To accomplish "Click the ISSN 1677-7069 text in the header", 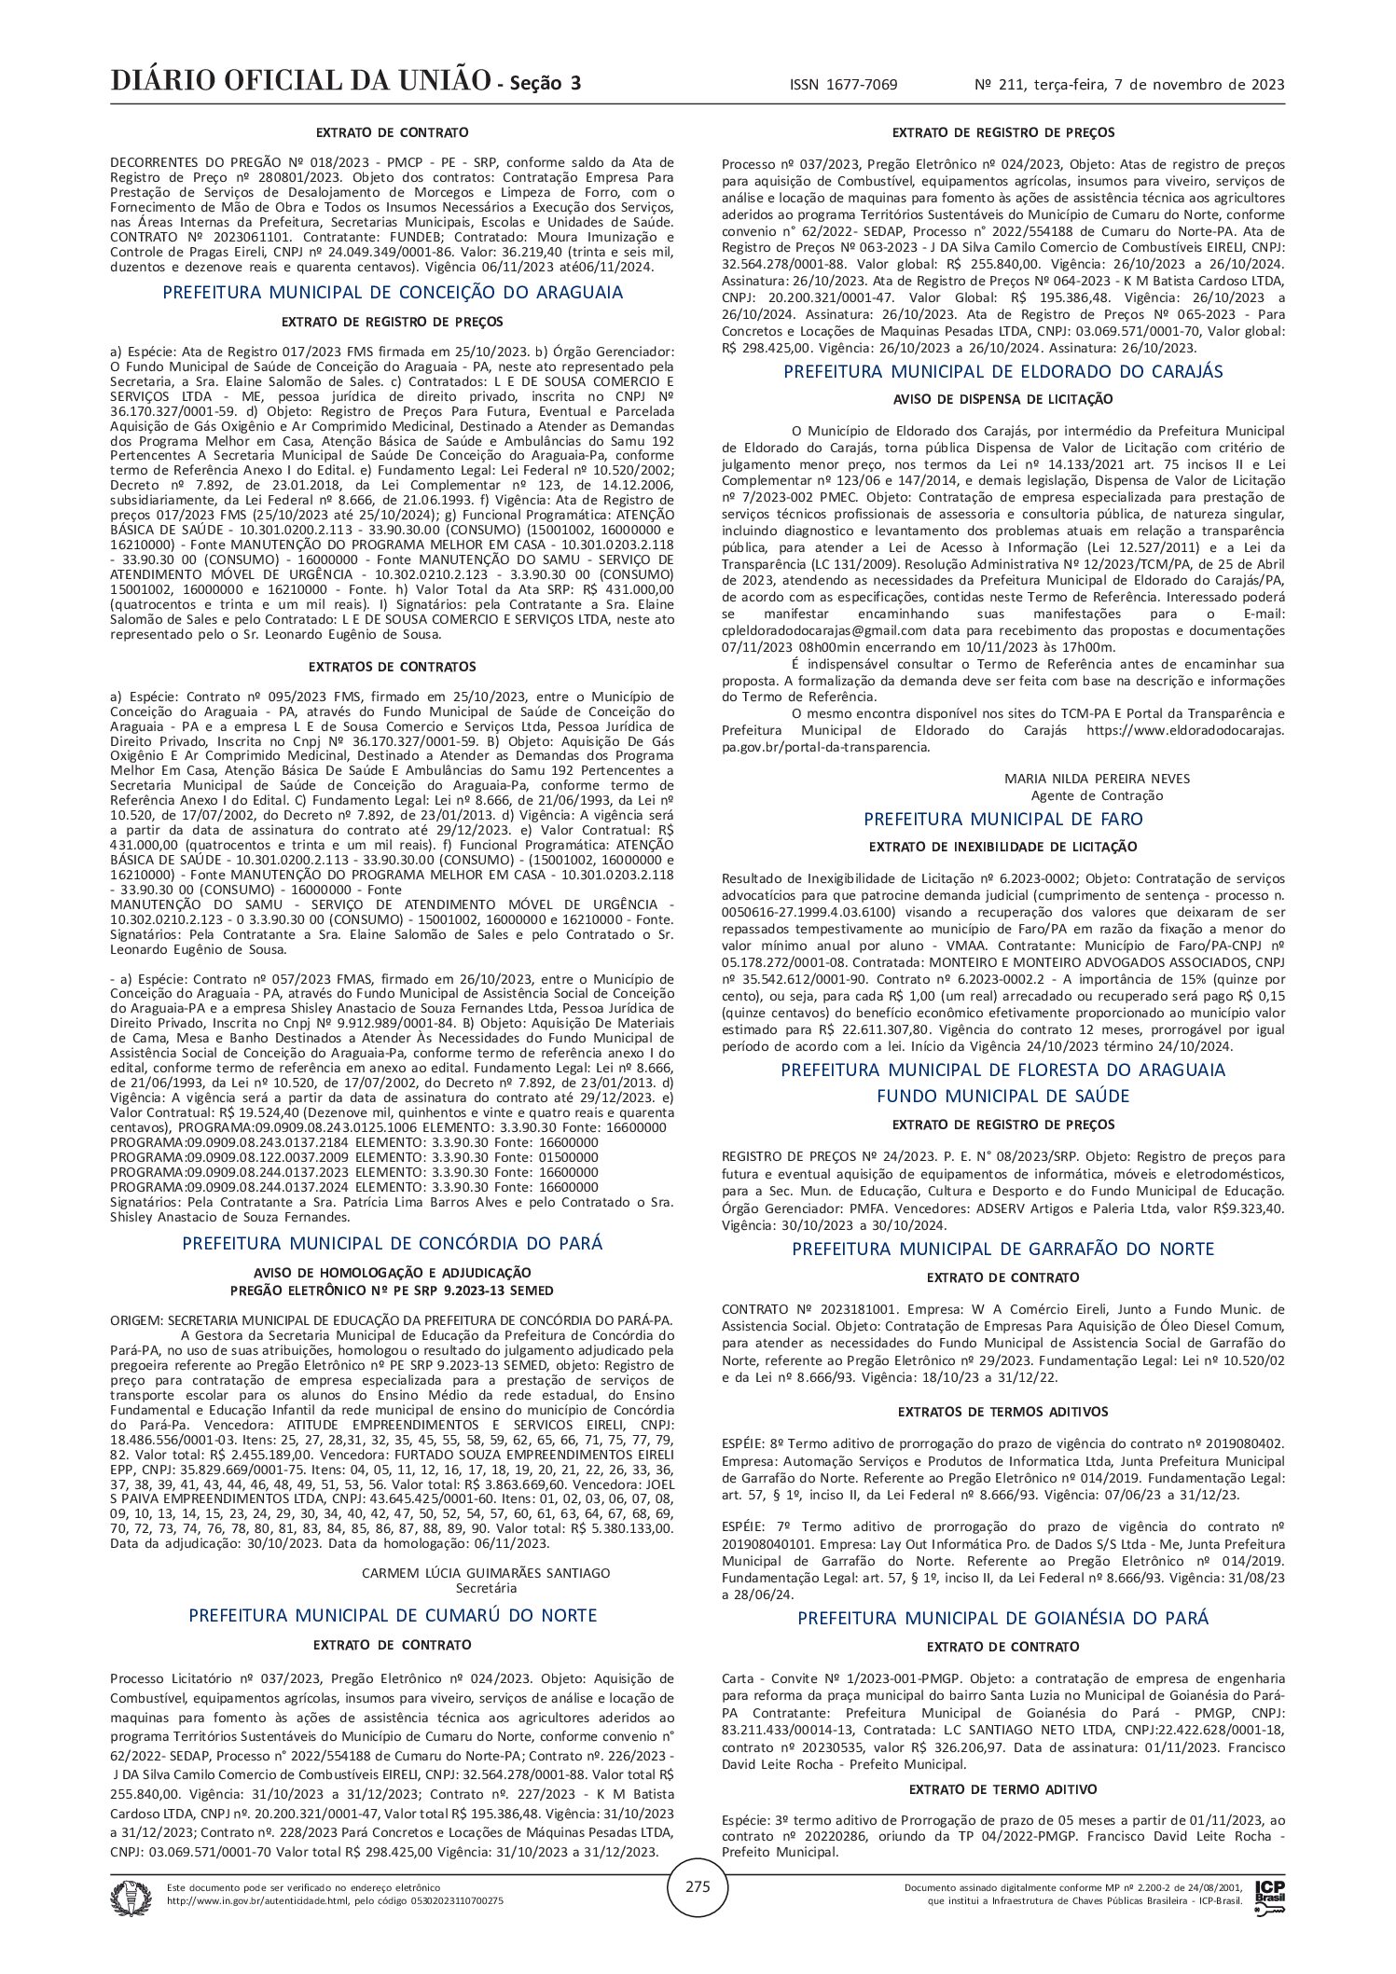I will click(843, 85).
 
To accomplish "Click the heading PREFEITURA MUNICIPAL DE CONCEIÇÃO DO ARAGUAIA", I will click(393, 293).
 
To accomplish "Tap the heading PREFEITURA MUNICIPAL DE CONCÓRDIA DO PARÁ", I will click(393, 1244).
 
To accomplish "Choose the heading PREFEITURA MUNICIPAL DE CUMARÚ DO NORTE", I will click(393, 1615).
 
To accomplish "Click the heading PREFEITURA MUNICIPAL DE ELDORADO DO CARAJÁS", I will click(1002, 371).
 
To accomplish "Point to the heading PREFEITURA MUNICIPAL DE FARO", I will click(1002, 819).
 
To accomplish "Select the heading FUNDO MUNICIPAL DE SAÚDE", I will click(1002, 1096).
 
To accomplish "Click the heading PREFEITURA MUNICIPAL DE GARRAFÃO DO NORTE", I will click(1002, 1249).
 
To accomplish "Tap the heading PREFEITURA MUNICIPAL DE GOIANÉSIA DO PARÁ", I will click(1002, 1618).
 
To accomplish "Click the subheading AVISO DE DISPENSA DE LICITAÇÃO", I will click(1002, 399).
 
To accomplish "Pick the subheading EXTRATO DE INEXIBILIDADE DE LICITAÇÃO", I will click(1002, 847).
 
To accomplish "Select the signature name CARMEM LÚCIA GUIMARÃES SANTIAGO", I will click(486, 1572).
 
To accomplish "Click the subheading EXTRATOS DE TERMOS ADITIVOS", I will click(1002, 1412).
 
